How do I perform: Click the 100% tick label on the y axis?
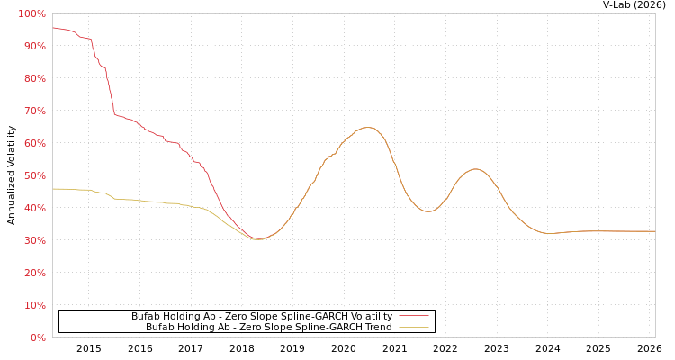point(31,13)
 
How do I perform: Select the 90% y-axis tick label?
point(34,46)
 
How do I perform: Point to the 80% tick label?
point(34,78)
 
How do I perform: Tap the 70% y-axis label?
point(34,111)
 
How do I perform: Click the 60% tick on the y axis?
point(34,143)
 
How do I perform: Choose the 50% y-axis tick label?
point(34,175)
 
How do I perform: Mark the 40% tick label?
point(34,208)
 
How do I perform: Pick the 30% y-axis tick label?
point(34,240)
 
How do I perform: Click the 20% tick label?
point(34,273)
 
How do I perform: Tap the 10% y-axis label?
point(34,305)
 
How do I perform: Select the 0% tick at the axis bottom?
point(37,337)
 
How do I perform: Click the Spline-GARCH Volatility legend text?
point(261,316)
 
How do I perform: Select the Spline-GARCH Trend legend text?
point(268,327)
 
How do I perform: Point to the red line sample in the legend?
point(413,316)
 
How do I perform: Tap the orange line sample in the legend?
point(413,327)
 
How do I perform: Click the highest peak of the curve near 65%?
point(366,127)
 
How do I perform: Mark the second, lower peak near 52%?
point(475,168)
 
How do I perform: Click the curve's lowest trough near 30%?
point(258,238)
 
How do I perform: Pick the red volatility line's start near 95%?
point(53,27)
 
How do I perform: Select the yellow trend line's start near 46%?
point(53,188)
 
